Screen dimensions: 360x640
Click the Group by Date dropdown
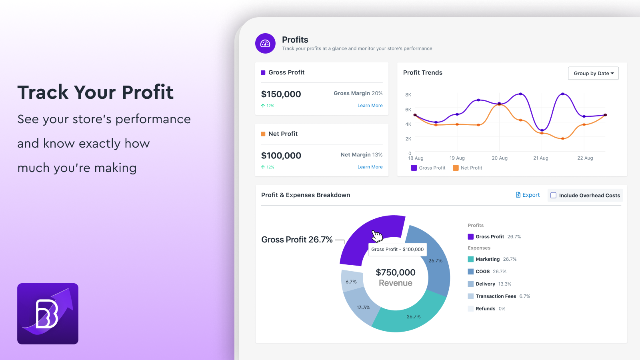coord(593,73)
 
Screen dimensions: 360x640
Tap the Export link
coord(528,195)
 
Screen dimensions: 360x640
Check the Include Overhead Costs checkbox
coord(554,196)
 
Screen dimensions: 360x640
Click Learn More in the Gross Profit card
coord(370,106)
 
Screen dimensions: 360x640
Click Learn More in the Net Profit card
coord(370,167)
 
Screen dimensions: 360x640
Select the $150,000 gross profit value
coord(281,94)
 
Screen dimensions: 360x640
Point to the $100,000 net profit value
coord(281,156)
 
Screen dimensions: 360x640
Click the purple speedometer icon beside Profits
coord(265,43)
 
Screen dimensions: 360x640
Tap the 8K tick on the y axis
coord(408,95)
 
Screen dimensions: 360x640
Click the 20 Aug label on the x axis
coord(499,158)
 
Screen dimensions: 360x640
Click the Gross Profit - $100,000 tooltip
coord(397,249)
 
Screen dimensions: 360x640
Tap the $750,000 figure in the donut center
coord(395,272)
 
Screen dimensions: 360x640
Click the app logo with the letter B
coord(48,314)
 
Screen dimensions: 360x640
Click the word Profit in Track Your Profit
coord(148,92)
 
